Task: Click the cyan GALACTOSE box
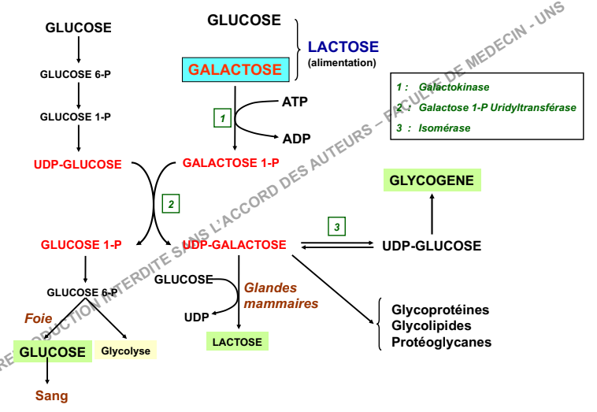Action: (x=235, y=69)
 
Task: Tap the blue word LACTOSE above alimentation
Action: (x=343, y=47)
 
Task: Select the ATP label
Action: (x=295, y=102)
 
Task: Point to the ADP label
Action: (x=296, y=139)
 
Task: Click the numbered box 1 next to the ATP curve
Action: (x=224, y=118)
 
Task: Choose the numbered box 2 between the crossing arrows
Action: (x=170, y=203)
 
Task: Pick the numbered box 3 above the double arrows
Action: (x=337, y=227)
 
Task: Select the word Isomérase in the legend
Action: (x=445, y=128)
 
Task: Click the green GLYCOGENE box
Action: (x=432, y=180)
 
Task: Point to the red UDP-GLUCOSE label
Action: (x=78, y=165)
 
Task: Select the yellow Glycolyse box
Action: (x=125, y=351)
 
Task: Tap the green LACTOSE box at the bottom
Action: (x=237, y=341)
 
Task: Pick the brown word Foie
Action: (x=39, y=319)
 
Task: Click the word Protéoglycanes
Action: (x=441, y=342)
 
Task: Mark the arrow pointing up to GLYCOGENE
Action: (x=432, y=211)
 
